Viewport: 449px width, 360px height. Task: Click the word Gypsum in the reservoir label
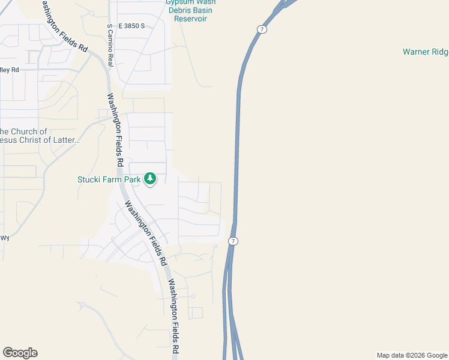(178, 2)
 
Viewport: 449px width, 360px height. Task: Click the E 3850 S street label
(132, 26)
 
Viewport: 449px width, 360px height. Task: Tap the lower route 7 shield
(234, 241)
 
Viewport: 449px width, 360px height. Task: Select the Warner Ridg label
(425, 52)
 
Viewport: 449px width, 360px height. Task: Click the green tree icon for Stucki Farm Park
(149, 179)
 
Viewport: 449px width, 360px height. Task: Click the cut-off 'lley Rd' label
(10, 70)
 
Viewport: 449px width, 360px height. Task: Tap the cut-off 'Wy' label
(5, 238)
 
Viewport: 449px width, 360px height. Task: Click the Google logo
(20, 353)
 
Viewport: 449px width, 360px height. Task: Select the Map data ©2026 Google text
(412, 355)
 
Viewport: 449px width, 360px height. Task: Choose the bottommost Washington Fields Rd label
(173, 317)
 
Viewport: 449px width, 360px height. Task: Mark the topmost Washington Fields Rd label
(65, 26)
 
